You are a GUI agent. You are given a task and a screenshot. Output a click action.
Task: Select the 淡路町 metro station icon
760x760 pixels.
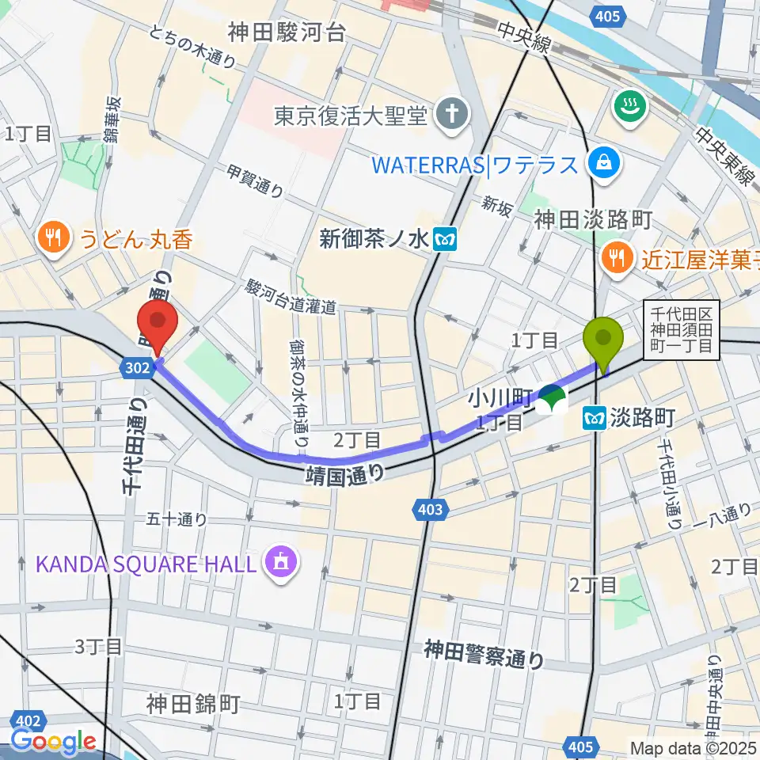(595, 418)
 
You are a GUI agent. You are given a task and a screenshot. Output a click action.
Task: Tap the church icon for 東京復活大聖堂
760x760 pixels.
(454, 116)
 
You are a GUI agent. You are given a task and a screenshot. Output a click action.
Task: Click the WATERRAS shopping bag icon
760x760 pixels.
(604, 165)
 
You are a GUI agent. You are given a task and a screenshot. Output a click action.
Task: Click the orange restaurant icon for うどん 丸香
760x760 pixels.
(53, 238)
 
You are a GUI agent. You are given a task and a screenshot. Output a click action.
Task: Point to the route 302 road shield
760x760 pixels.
(135, 367)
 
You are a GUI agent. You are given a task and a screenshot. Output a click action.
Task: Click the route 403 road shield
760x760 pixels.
(427, 511)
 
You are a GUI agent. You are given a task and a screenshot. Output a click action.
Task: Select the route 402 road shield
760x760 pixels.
(27, 721)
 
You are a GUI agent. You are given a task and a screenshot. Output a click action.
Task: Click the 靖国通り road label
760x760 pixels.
(346, 473)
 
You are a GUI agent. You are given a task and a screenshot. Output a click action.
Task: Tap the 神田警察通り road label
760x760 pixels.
(484, 654)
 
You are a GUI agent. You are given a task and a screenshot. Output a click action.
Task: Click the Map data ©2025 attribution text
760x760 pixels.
(693, 747)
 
